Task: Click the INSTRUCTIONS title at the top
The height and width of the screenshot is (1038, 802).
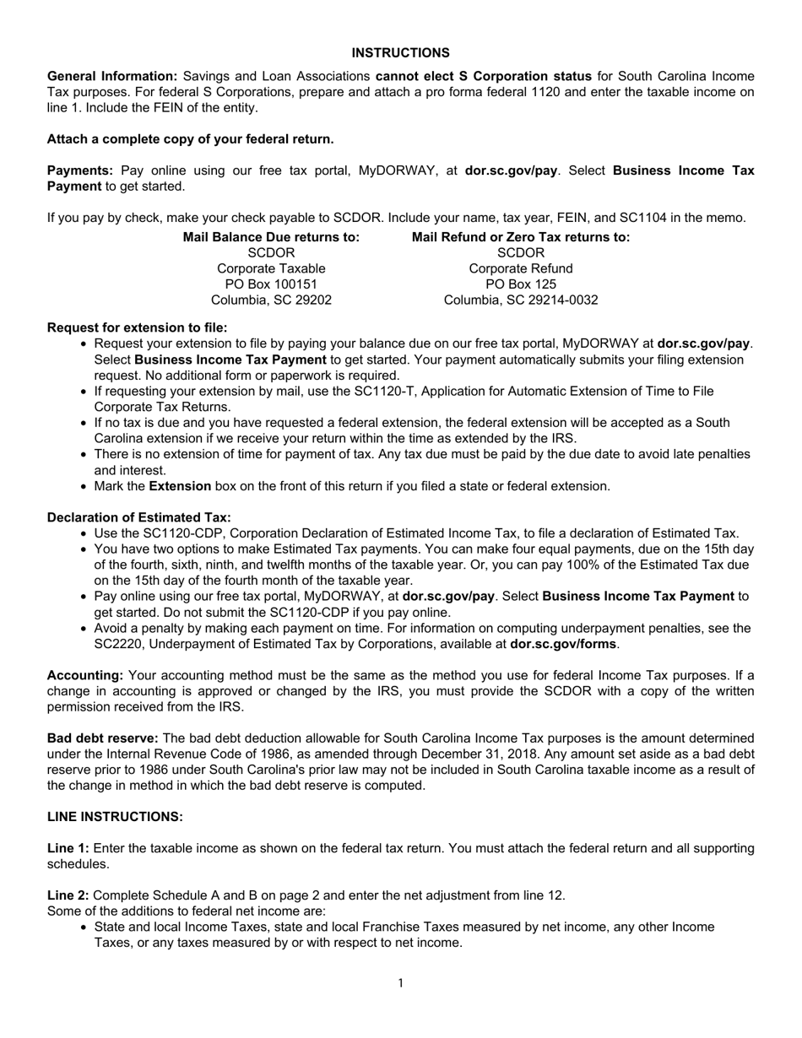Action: click(400, 53)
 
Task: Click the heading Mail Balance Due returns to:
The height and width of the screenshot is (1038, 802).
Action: click(271, 238)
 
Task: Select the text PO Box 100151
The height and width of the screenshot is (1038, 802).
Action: click(271, 284)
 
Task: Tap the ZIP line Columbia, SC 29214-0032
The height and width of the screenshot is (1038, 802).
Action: click(521, 300)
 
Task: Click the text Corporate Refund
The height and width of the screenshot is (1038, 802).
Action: click(521, 268)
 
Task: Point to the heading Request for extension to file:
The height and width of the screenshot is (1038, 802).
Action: click(137, 327)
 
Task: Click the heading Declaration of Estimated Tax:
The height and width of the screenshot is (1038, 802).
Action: click(138, 517)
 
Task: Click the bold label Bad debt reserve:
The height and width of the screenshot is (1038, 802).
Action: click(102, 738)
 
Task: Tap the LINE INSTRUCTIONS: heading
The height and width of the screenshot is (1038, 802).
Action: click(115, 817)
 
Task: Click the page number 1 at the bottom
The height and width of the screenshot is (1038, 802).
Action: click(400, 982)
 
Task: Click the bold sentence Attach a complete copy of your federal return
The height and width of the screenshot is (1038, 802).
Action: click(190, 139)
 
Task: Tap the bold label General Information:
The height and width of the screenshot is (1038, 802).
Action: click(112, 77)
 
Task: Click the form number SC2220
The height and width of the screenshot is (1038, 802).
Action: click(117, 644)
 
